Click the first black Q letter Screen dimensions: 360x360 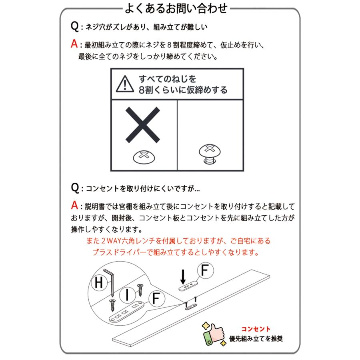(74, 27)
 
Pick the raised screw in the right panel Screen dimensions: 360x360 (210, 154)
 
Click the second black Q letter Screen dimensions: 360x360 (74, 188)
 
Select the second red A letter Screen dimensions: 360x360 (74, 206)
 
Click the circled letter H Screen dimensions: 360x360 (98, 284)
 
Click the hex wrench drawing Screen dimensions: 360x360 (111, 282)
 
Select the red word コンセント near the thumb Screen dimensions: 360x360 (256, 329)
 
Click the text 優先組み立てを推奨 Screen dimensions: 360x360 (256, 339)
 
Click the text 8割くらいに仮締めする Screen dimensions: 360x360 (183, 90)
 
